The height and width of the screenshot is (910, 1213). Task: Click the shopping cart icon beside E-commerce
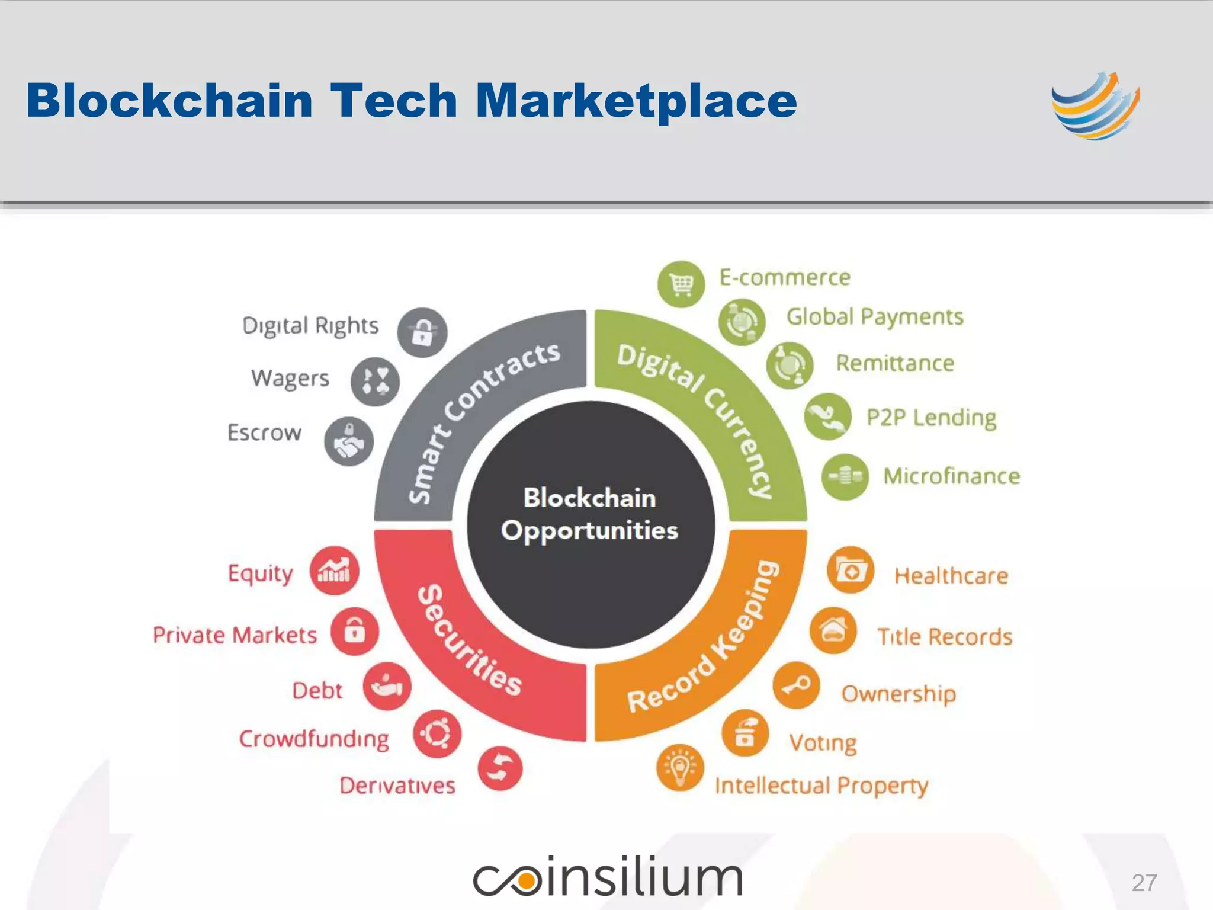tap(681, 284)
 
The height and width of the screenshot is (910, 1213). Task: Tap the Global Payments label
tap(874, 318)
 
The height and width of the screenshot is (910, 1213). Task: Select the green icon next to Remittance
tap(790, 365)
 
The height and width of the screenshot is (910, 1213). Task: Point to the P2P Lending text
tap(931, 418)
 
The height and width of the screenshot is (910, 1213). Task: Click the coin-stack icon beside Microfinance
tap(845, 476)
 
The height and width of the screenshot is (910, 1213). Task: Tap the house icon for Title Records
tap(833, 630)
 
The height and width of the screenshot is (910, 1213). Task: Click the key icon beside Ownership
tap(797, 685)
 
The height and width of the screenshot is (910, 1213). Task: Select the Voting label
tap(823, 743)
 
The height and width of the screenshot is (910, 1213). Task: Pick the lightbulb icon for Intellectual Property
tap(680, 768)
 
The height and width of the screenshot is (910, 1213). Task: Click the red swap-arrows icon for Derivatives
tap(500, 768)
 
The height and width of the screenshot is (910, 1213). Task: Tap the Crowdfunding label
tap(314, 739)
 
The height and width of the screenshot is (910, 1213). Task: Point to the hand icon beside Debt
tap(387, 686)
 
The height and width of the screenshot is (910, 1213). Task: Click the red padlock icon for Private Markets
tap(355, 630)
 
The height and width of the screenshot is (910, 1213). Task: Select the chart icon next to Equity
tap(334, 571)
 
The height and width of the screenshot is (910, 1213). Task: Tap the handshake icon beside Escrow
tap(349, 442)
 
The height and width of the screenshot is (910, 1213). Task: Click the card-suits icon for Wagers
tap(375, 382)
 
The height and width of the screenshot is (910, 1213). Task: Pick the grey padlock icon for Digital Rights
tap(422, 332)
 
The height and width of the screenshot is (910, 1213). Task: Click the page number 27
tap(1144, 883)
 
